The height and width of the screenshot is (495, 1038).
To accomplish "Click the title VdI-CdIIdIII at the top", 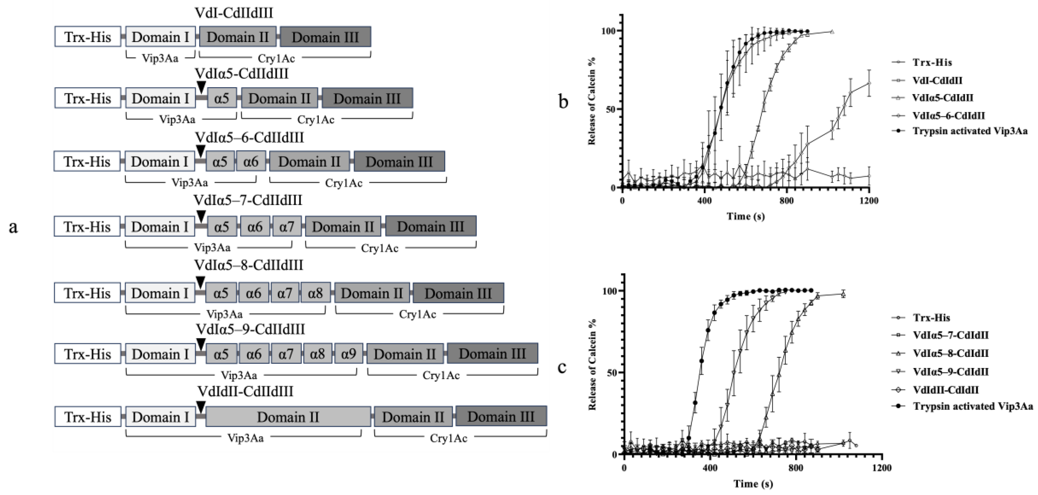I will click(x=234, y=13).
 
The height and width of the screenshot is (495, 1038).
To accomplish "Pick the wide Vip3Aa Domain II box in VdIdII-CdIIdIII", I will click(x=288, y=417).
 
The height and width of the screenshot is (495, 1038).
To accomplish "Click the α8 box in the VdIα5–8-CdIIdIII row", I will click(x=315, y=293).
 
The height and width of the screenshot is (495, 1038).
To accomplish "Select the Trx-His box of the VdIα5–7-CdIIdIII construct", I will click(x=87, y=227).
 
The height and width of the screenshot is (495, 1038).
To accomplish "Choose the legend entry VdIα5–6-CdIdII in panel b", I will click(x=948, y=116).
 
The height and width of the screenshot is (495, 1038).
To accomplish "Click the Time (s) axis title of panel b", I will click(x=745, y=216).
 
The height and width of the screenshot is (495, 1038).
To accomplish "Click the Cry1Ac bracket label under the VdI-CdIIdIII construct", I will click(x=276, y=59).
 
